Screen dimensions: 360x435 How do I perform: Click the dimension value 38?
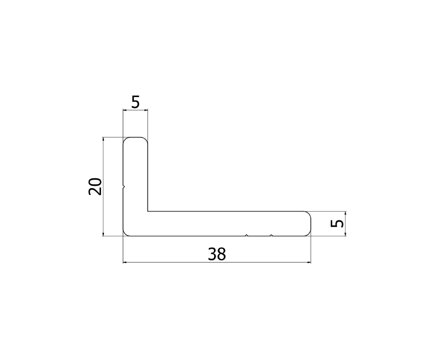point(217,254)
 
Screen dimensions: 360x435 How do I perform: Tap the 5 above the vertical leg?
point(135,102)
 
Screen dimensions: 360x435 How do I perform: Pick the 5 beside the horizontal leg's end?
point(338,223)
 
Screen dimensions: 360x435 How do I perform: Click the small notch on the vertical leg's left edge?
point(124,187)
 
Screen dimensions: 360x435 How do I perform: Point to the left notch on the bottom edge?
point(247,236)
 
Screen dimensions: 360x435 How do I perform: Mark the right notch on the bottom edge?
point(271,236)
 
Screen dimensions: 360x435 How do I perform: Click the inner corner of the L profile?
point(148,212)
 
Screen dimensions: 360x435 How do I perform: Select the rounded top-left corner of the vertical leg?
point(126,140)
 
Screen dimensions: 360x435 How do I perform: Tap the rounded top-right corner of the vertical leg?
point(146,140)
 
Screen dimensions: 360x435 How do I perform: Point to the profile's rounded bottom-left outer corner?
point(126,234)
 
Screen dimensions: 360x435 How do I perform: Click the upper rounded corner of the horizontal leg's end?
point(309,214)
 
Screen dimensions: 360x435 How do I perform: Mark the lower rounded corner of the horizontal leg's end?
point(309,234)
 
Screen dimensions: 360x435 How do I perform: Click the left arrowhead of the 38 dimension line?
point(126,262)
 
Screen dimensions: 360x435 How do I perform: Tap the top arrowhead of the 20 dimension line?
point(103,139)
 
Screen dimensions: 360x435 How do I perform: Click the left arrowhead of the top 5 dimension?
point(125,111)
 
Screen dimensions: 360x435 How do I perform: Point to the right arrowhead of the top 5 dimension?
point(146,111)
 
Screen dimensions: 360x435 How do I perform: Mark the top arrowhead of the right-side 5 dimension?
point(345,214)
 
